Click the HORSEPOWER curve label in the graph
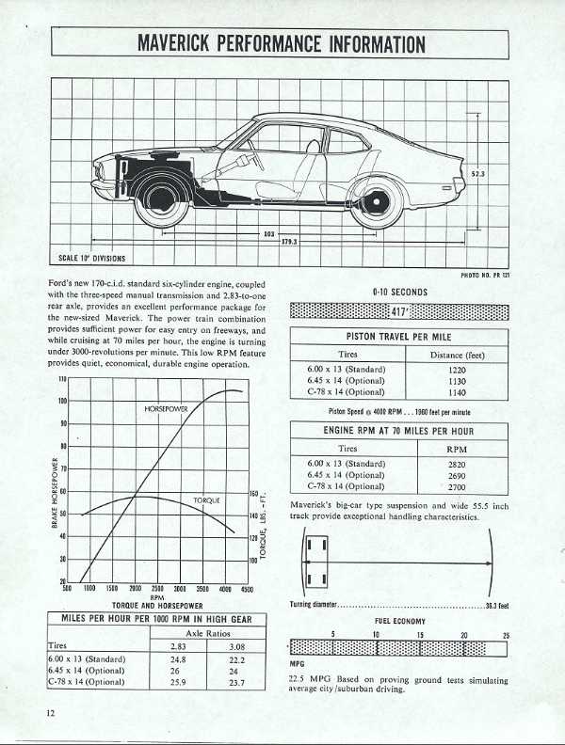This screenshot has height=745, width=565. click(166, 409)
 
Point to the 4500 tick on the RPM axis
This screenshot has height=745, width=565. click(247, 588)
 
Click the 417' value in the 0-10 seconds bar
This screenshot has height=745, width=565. click(400, 311)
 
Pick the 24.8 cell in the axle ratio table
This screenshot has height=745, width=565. click(173, 660)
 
